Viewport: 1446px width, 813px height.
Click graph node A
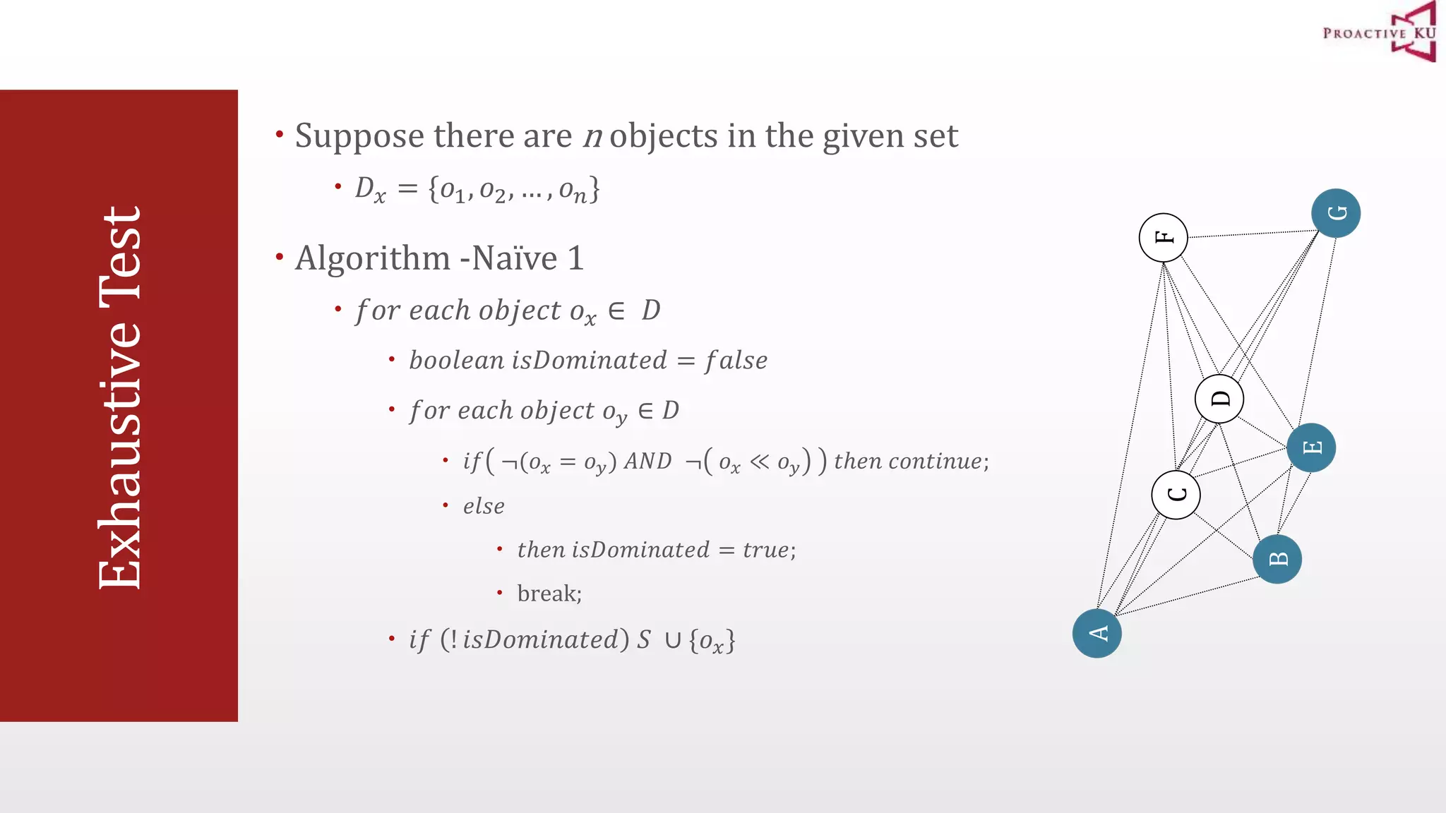pyautogui.click(x=1097, y=633)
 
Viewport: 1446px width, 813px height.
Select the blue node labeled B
pyautogui.click(x=1277, y=559)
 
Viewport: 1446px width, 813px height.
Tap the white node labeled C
pyautogui.click(x=1176, y=495)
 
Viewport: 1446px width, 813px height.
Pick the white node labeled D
pyautogui.click(x=1219, y=399)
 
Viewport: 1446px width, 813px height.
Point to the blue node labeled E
pyautogui.click(x=1311, y=447)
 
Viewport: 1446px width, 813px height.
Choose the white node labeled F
pyautogui.click(x=1163, y=237)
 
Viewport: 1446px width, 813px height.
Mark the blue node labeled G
pyautogui.click(x=1336, y=213)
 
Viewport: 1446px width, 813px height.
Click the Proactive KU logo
pyautogui.click(x=1380, y=32)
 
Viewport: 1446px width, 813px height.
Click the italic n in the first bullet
pyautogui.click(x=592, y=136)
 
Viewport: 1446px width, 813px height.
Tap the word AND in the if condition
pyautogui.click(x=647, y=462)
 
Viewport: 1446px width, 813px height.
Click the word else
pyautogui.click(x=484, y=506)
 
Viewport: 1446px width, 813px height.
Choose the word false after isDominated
pyautogui.click(x=736, y=361)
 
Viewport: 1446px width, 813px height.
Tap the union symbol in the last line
pyautogui.click(x=672, y=640)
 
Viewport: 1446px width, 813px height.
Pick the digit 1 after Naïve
pyautogui.click(x=575, y=258)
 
